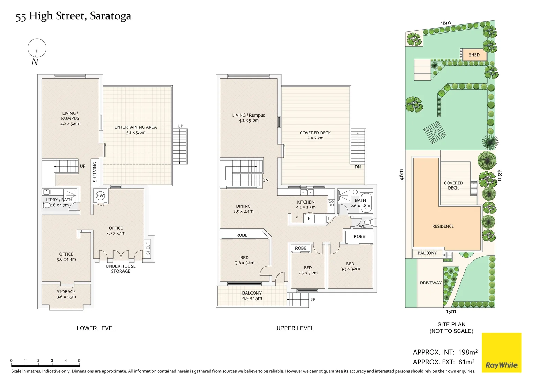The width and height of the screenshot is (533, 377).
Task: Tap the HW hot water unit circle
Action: click(x=100, y=196)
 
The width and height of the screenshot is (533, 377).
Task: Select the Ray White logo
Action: click(x=502, y=353)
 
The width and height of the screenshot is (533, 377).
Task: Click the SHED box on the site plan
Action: click(x=474, y=55)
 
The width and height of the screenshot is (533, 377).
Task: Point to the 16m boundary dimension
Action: click(x=446, y=23)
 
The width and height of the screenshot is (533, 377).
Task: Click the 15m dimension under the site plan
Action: click(x=451, y=311)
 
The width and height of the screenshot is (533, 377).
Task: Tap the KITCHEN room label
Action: click(x=306, y=202)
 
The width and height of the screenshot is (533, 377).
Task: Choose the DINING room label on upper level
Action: click(x=243, y=206)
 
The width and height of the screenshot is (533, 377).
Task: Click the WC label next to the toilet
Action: click(x=362, y=226)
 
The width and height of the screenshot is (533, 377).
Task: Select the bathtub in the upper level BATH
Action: click(x=366, y=203)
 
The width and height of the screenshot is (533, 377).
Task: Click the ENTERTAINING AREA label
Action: click(x=136, y=127)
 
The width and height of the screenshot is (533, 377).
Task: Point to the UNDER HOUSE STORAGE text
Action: click(x=121, y=269)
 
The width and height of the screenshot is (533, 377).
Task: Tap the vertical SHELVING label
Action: click(x=95, y=172)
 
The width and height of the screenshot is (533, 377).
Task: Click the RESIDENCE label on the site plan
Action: click(x=443, y=226)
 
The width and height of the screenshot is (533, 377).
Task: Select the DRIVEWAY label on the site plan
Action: click(x=431, y=283)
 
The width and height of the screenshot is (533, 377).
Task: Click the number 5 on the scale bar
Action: click(x=79, y=360)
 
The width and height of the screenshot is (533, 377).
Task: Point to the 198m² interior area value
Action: click(x=468, y=352)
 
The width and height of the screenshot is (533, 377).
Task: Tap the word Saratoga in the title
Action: click(x=111, y=16)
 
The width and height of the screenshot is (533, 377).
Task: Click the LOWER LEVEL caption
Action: click(x=96, y=328)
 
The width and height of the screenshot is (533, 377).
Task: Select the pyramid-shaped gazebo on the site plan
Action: click(x=435, y=132)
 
